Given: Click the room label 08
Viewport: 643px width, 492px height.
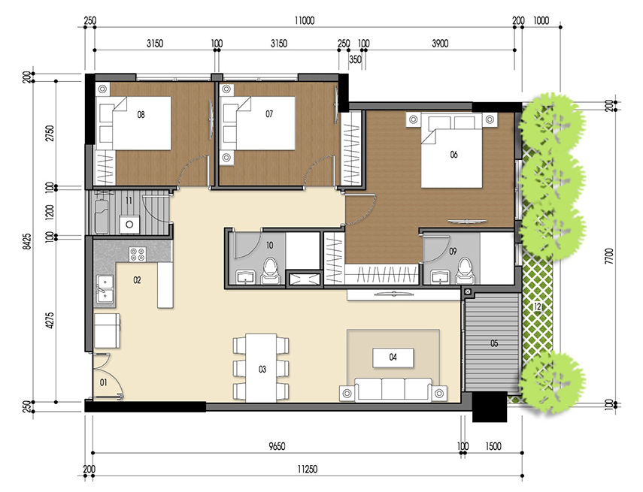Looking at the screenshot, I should point(141,116).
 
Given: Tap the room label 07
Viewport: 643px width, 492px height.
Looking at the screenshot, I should point(268,116).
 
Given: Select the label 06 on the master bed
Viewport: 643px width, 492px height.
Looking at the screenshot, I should point(453,155).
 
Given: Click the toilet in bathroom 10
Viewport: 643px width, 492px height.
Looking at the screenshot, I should point(270,272).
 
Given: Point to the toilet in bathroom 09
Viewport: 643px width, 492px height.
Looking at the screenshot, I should point(464,271).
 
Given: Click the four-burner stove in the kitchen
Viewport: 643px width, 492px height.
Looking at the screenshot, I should point(138,254).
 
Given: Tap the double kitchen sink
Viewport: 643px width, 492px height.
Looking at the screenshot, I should point(104,289).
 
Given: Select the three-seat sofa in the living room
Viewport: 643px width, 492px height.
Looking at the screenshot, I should point(392,389).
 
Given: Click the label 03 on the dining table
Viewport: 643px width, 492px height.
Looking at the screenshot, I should point(262,369).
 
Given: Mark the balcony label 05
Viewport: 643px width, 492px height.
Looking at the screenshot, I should point(494,344).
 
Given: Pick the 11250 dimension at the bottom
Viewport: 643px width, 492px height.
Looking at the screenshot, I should point(304,470).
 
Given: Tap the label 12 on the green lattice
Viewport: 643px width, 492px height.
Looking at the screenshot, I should point(537,306).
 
